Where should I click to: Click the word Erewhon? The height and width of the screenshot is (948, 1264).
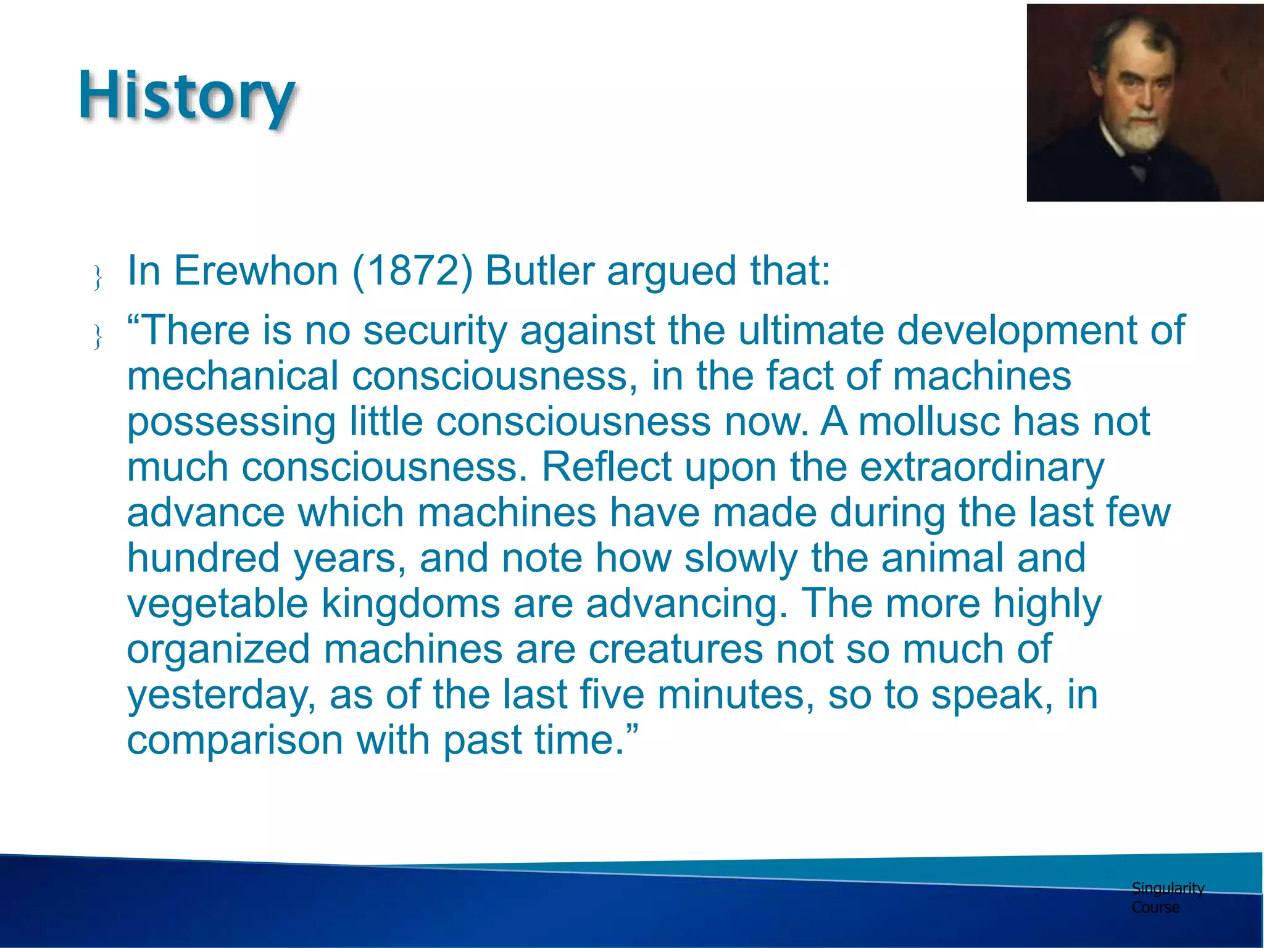point(256,271)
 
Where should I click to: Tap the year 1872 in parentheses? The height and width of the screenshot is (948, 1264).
point(412,271)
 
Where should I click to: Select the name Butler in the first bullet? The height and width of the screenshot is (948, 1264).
point(539,271)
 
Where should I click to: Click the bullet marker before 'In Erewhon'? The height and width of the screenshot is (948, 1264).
point(98,277)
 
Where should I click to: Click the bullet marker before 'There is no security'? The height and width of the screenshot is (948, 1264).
point(98,337)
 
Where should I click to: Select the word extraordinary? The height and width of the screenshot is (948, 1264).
point(981,468)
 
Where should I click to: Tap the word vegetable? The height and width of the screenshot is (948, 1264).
point(217,604)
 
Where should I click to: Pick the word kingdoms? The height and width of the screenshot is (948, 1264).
point(410,604)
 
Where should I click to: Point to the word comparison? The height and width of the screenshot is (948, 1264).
point(235,740)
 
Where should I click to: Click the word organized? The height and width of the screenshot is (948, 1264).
point(218,650)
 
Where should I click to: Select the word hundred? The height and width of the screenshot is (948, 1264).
point(203,558)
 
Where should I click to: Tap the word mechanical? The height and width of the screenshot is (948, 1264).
point(233,376)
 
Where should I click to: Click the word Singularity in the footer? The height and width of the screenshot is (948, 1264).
point(1167,888)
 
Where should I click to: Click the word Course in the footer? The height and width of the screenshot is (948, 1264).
point(1155,907)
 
